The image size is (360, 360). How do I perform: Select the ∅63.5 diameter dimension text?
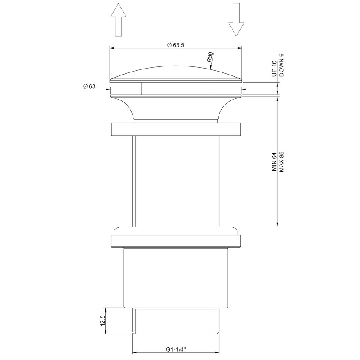pos(175,45)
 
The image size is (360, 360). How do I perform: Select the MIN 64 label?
pos(273,162)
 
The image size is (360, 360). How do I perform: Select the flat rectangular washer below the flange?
pos(175,129)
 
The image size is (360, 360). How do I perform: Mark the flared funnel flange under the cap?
pos(175,108)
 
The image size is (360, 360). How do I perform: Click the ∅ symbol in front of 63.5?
pos(169,45)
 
